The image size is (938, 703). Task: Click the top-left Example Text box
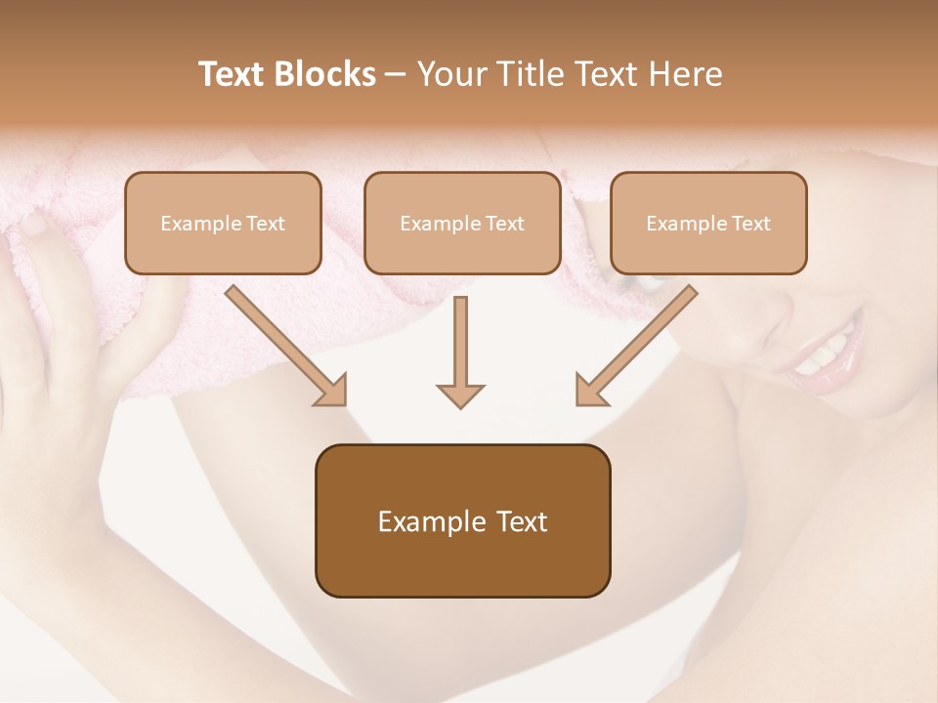tap(223, 224)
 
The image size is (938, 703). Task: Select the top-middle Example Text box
tap(462, 224)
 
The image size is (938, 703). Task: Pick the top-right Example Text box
tap(708, 224)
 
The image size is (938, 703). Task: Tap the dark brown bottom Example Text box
tap(462, 521)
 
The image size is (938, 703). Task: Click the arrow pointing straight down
tap(460, 351)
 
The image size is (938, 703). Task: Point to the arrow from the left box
tap(285, 346)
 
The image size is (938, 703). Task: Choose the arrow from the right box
tap(636, 346)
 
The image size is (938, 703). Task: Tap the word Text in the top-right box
tap(750, 224)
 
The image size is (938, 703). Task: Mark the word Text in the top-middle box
tap(504, 224)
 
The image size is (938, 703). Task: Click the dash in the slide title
tap(396, 74)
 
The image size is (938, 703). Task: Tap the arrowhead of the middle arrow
tap(460, 394)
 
